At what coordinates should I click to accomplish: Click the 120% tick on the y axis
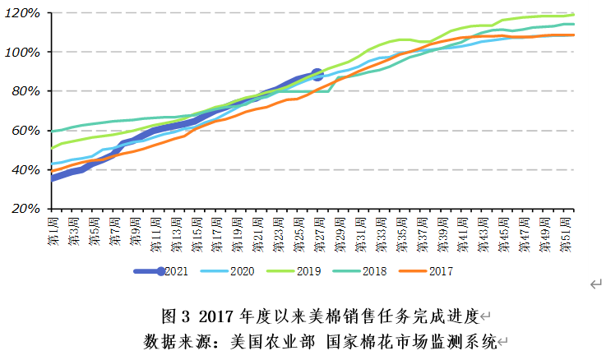pos(24,13)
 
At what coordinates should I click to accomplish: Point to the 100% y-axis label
pos(24,52)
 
